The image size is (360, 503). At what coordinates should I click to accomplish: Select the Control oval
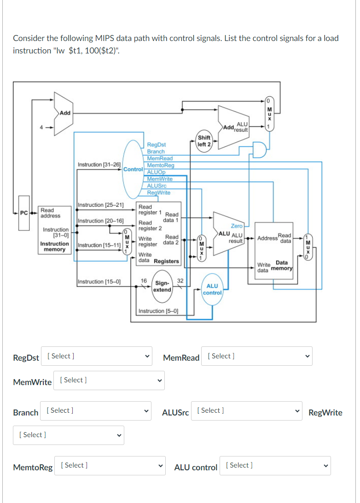coord(133,169)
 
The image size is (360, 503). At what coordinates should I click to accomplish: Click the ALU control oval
coord(212,289)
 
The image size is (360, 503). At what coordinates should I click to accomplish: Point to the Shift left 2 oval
coord(204,141)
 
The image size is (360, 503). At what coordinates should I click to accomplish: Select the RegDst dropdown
coord(96,356)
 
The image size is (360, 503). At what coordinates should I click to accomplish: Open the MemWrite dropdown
coord(109,380)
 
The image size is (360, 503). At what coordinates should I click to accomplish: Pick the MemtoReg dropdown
coord(110,465)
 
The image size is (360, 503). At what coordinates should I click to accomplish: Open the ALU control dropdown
coord(275,465)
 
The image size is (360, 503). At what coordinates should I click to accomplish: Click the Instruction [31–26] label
coord(99,164)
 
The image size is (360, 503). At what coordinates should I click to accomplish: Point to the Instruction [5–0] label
coord(158,311)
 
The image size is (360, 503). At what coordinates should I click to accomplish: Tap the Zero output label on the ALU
coord(237,226)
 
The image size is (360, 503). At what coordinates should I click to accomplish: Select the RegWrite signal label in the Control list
coord(158,193)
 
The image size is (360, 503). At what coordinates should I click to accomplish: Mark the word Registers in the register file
coord(166,261)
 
